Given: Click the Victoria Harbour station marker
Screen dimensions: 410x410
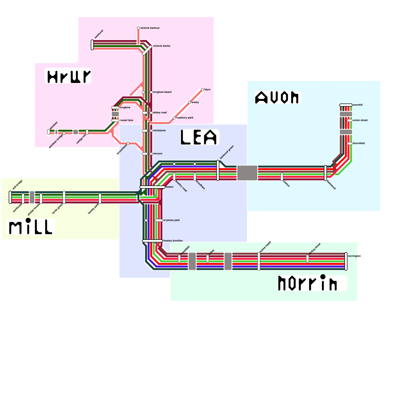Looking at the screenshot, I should pos(138,28).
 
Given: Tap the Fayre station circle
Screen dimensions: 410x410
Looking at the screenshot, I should pos(202,90).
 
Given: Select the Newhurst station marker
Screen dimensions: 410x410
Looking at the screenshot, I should pos(92,45).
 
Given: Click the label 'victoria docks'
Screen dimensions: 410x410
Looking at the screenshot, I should pos(161,46).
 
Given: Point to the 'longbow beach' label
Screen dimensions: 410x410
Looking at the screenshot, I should pos(162,92).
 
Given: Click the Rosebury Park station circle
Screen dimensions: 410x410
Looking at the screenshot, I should pos(174,118).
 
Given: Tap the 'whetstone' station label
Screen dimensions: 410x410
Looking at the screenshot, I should pos(159,131).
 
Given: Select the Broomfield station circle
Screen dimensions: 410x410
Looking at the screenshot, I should pos(128,143).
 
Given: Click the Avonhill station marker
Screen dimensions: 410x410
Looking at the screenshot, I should pos(346,105).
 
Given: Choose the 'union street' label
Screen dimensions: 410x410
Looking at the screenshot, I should pos(360,120).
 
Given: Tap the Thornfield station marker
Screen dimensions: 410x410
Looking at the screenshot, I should pos(350,143).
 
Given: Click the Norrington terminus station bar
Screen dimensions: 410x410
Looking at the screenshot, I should pos(346,261).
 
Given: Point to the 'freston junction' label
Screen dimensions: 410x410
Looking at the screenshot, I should pos(173,241).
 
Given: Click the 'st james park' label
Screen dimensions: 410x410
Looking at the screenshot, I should pos(171,220).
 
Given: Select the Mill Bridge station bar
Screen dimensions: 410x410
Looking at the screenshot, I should pos(10,197).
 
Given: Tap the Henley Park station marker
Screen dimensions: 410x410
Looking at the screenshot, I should pos(100,199).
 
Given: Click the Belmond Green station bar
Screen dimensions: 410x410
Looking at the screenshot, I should pos(218,170).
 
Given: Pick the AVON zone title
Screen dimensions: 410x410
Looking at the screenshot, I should pos(277,98).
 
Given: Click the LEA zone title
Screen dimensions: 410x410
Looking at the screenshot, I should pos(199,137).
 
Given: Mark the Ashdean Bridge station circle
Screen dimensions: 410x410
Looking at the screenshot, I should pos(64,133).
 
